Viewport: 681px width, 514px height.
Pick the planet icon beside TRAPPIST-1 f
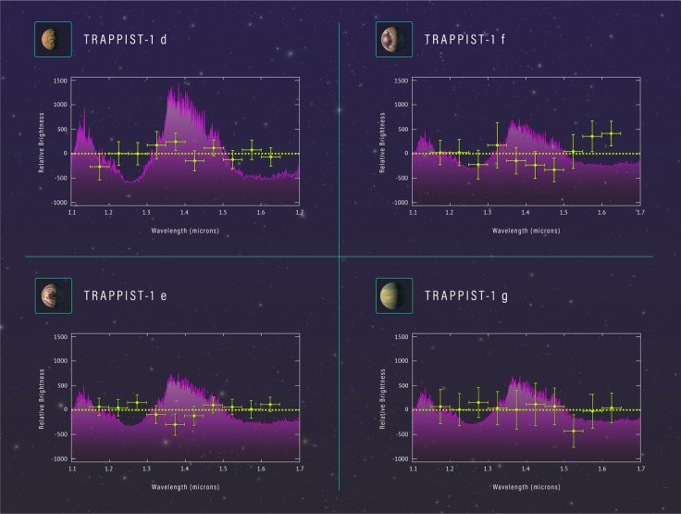pyautogui.click(x=390, y=39)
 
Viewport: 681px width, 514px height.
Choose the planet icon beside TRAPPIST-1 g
pyautogui.click(x=390, y=295)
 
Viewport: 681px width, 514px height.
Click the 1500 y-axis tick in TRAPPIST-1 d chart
pyautogui.click(x=60, y=81)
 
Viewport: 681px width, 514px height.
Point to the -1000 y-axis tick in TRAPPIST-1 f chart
pyautogui.click(x=401, y=202)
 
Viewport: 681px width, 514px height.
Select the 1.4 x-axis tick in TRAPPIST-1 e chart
pyautogui.click(x=185, y=469)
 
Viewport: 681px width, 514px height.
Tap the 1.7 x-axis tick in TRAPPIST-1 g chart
pyautogui.click(x=639, y=469)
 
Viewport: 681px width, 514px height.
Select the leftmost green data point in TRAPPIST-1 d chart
pyautogui.click(x=101, y=166)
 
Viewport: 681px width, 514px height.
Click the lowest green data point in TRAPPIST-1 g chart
pyautogui.click(x=574, y=431)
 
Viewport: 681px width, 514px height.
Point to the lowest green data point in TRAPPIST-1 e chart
pyautogui.click(x=174, y=424)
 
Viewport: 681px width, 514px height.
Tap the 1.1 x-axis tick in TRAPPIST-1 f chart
pyautogui.click(x=413, y=212)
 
